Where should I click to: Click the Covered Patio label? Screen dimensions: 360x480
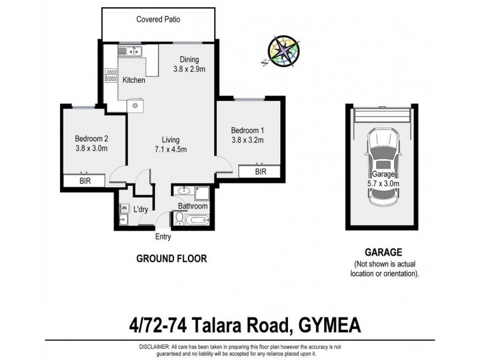(158, 19)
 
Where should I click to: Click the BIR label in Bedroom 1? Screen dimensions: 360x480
(260, 172)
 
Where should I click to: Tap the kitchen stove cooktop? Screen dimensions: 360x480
(111, 75)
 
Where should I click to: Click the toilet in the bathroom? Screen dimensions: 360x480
(179, 220)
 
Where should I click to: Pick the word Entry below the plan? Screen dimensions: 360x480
(163, 237)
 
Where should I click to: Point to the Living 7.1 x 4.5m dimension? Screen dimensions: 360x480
(169, 145)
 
